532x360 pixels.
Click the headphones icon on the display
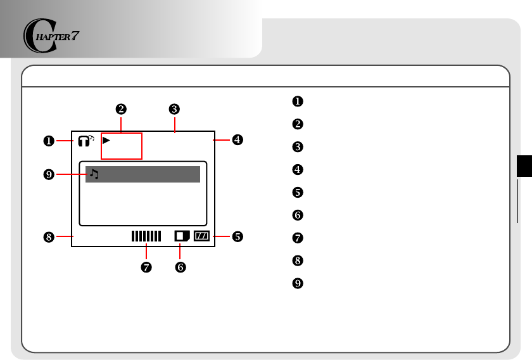tap(84, 141)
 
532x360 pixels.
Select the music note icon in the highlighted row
tap(94, 174)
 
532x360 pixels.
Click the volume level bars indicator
tap(146, 236)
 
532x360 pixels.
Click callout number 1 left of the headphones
tap(47, 141)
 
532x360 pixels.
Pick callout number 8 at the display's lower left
tap(47, 236)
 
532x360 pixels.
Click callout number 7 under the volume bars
tap(146, 267)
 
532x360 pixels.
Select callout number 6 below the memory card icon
tap(180, 267)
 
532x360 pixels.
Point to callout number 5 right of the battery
tap(237, 236)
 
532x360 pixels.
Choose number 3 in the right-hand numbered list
tap(296, 146)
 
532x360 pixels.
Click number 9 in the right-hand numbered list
tap(296, 283)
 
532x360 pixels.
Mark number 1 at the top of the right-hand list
tap(296, 101)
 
